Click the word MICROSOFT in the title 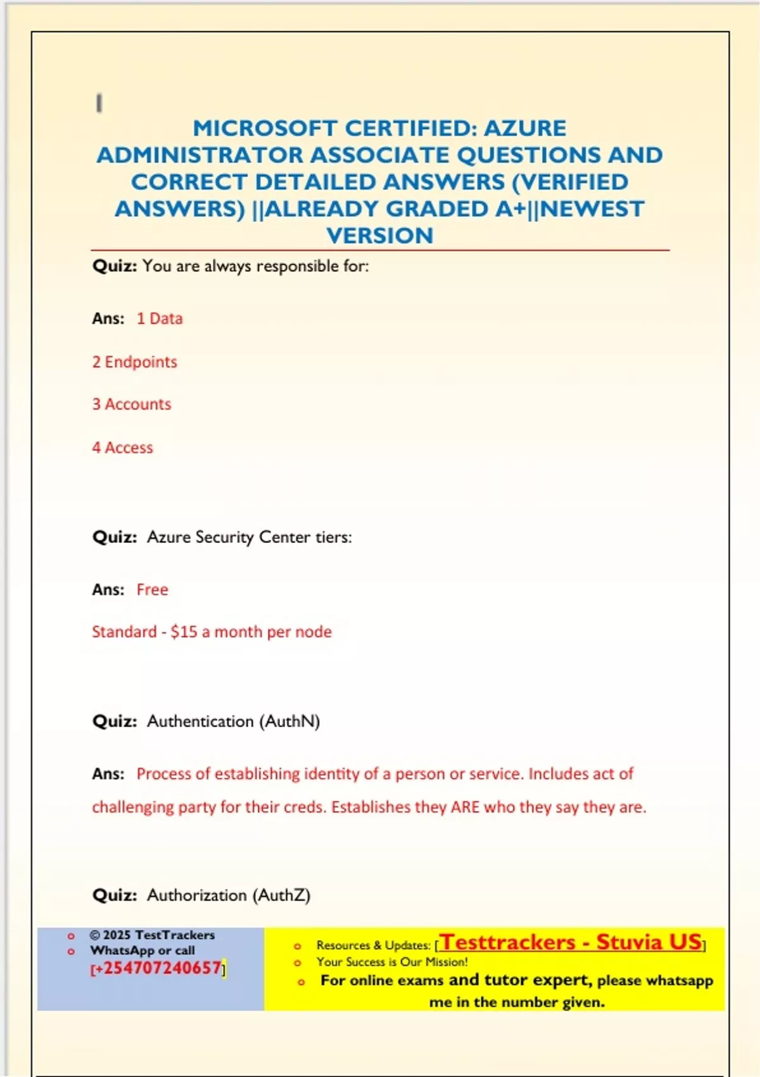(x=265, y=129)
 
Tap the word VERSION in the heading (x=380, y=236)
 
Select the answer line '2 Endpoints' (x=134, y=362)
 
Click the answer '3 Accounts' (x=132, y=404)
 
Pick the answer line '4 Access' (x=122, y=447)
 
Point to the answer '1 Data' (x=160, y=319)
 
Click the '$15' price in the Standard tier (x=184, y=632)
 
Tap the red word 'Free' (x=152, y=590)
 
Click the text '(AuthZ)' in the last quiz (x=281, y=895)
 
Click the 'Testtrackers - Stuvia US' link (x=571, y=942)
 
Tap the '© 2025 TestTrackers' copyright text (x=152, y=935)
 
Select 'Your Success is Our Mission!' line (x=392, y=962)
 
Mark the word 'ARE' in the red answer (x=465, y=807)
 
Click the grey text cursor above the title (x=99, y=103)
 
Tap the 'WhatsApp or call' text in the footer (x=142, y=950)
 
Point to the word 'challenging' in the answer (x=132, y=807)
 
